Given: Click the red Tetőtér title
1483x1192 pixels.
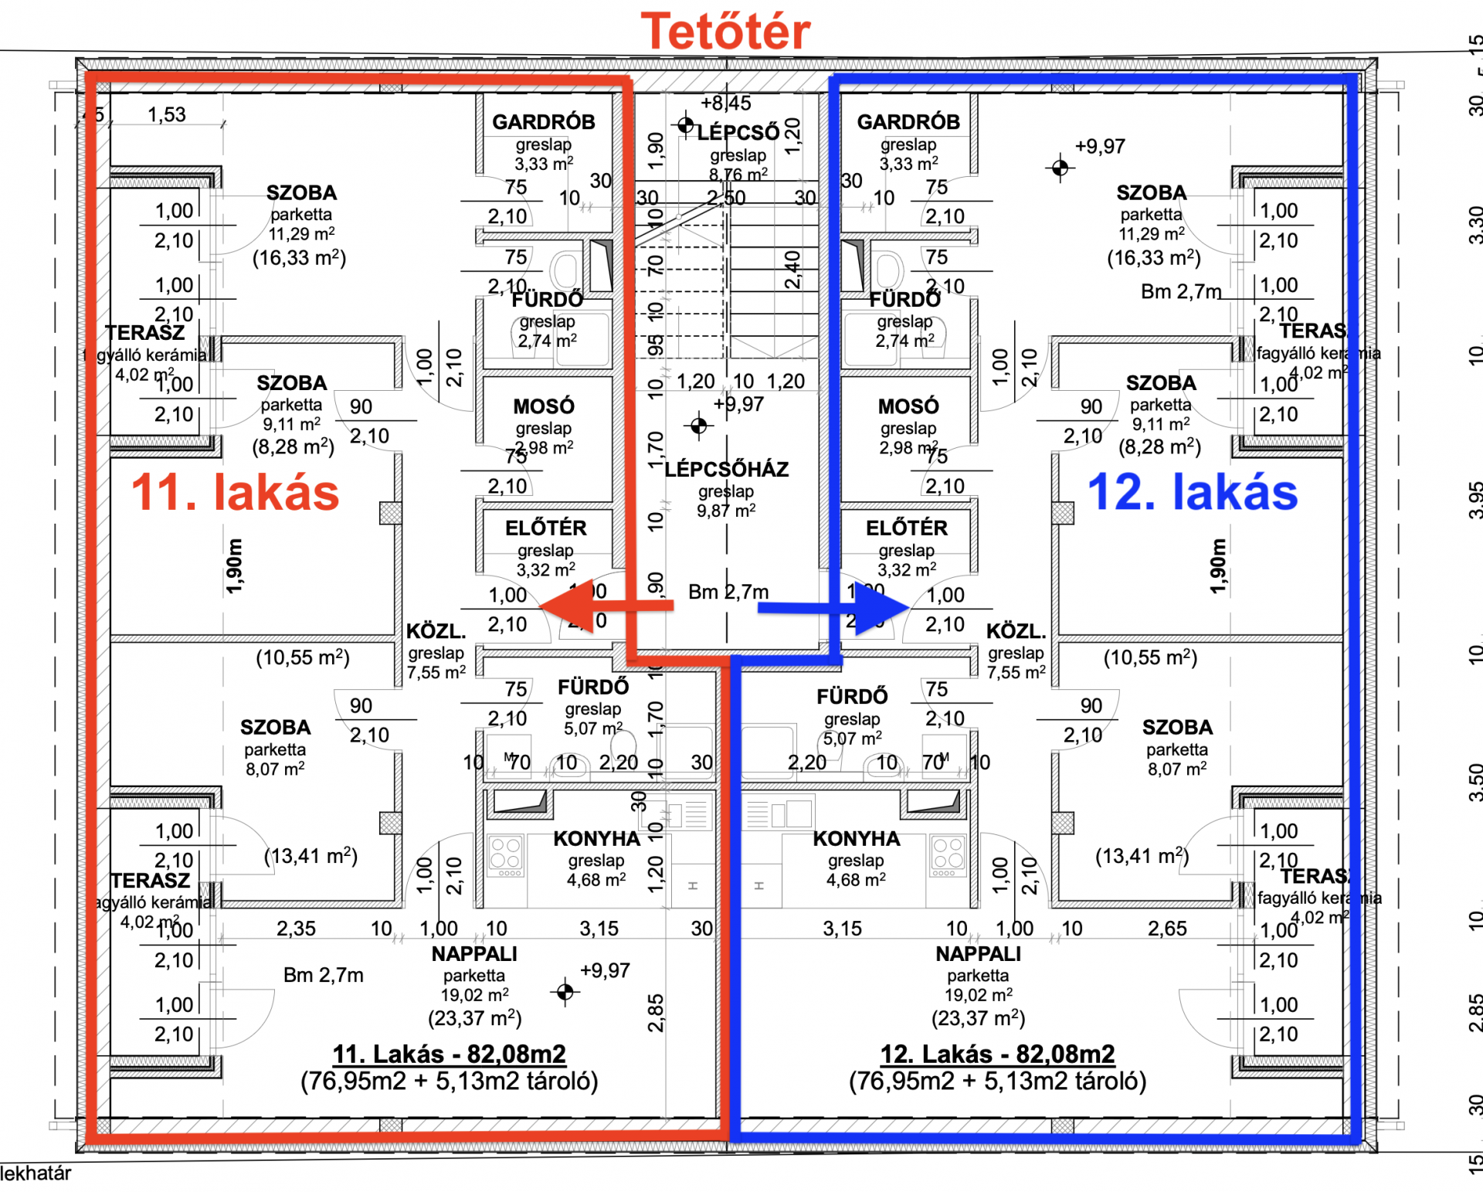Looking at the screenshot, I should [x=725, y=32].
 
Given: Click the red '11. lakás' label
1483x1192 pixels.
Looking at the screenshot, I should [x=236, y=493].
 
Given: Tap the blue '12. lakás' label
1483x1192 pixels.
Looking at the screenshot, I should [x=1193, y=493].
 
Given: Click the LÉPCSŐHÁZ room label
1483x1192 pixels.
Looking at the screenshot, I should [x=727, y=470].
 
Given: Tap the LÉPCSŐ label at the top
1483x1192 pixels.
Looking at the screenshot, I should [x=738, y=133].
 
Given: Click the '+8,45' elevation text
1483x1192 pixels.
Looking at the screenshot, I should [x=726, y=104].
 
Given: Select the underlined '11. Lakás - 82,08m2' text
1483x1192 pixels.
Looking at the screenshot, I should [x=449, y=1054].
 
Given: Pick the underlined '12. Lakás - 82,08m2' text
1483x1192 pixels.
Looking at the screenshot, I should [x=997, y=1054].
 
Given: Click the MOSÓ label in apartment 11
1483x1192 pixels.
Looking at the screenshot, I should [x=544, y=406].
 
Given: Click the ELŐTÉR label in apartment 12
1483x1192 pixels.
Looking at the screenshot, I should [x=907, y=528].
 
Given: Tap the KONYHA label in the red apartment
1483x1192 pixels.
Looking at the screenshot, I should [x=596, y=839].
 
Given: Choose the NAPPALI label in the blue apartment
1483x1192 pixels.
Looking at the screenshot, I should [x=978, y=954].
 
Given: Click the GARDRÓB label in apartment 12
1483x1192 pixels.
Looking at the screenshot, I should [x=908, y=122].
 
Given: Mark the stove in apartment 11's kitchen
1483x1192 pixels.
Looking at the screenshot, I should [x=506, y=855].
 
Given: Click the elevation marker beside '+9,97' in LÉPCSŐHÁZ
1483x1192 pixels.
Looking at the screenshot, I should [x=699, y=426].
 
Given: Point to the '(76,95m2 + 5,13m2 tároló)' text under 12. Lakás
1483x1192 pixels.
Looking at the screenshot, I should [x=997, y=1082].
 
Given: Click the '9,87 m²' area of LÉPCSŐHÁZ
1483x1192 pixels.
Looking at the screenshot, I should [x=726, y=511].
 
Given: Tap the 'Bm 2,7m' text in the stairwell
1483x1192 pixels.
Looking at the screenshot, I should [x=728, y=593].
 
